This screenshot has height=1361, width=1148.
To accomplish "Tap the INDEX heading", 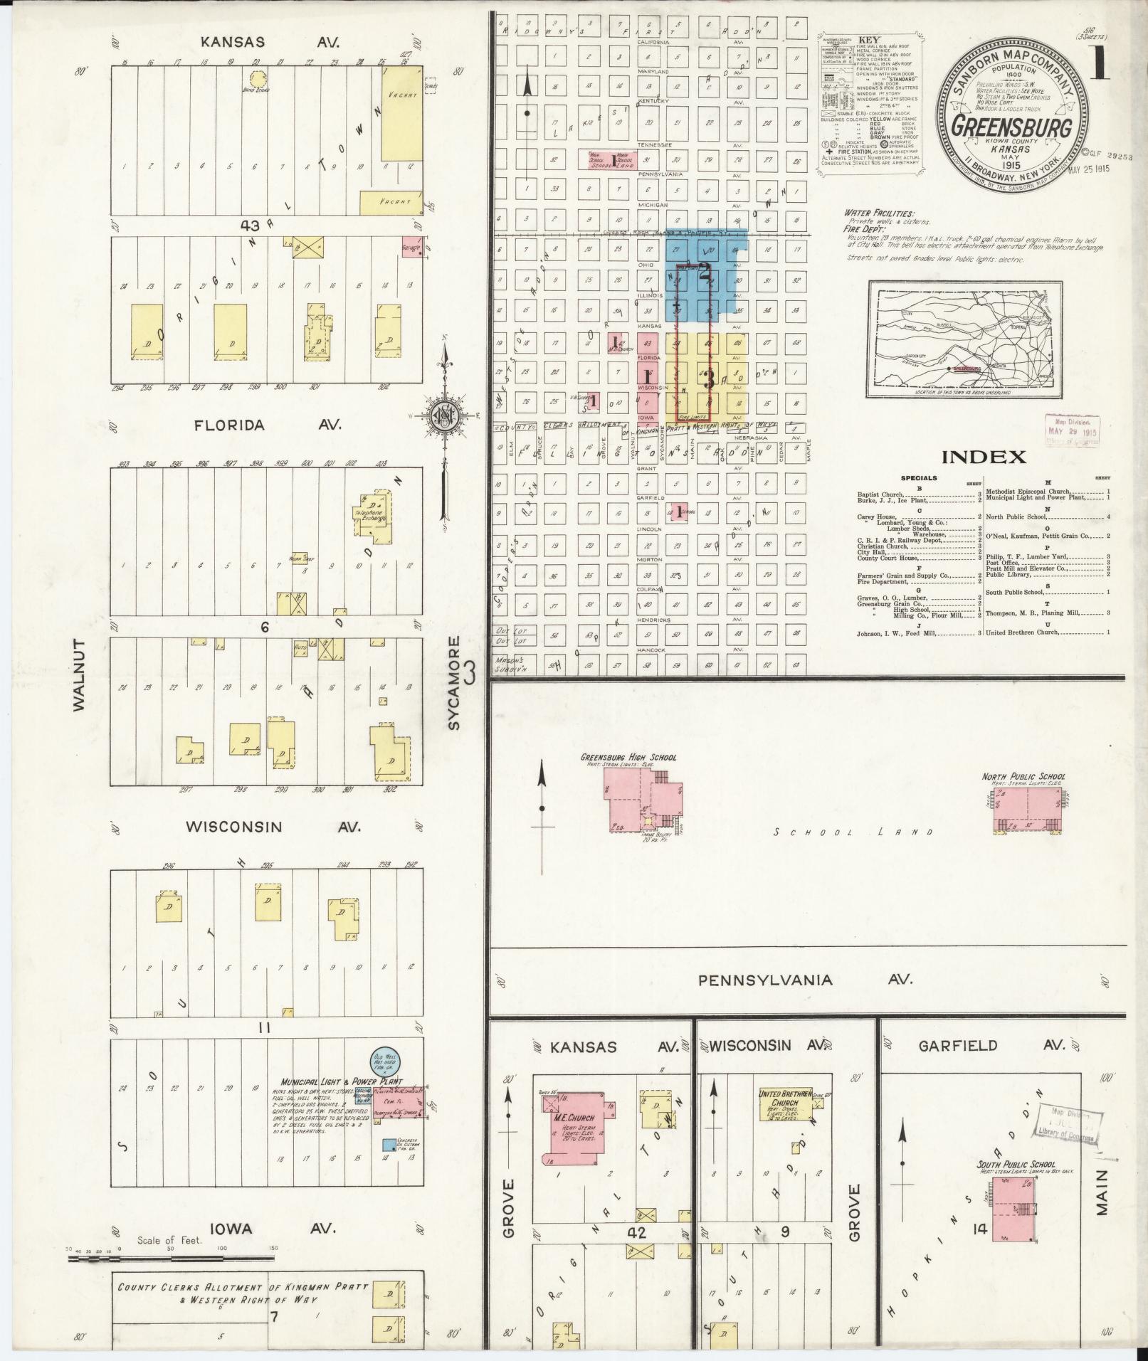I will pyautogui.click(x=984, y=457).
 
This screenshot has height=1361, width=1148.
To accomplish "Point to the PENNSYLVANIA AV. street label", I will pyautogui.click(x=804, y=980).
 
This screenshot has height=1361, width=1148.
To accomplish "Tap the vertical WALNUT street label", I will pyautogui.click(x=79, y=674).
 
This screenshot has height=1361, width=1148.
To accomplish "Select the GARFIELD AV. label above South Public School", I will pyautogui.click(x=991, y=1045).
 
